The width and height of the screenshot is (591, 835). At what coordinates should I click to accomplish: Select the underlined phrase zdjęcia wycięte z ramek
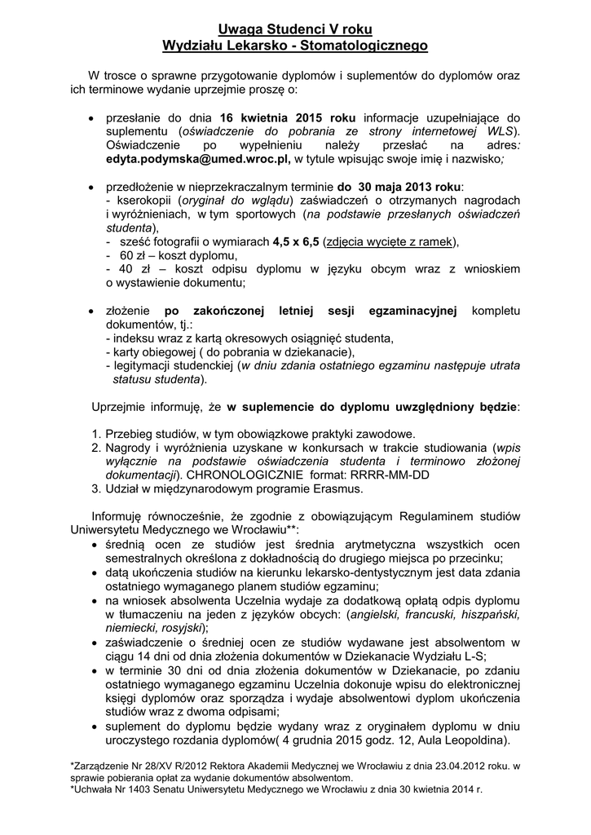coord(390,241)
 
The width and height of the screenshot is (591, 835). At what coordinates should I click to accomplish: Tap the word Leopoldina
coord(473,740)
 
